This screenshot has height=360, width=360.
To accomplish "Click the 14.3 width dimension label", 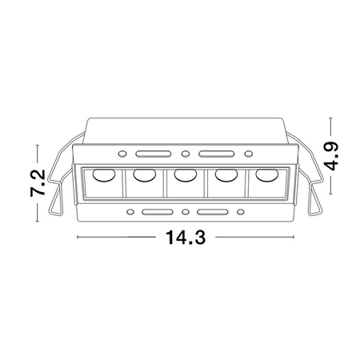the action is point(186,237).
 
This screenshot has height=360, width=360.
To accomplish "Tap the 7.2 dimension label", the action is point(38,183).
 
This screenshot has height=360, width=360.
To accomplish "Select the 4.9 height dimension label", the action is point(332,156).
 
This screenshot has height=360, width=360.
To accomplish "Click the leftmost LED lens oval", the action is point(104,175).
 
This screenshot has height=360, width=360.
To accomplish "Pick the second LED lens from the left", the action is point(145,175).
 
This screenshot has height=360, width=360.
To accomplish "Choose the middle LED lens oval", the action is point(186,175).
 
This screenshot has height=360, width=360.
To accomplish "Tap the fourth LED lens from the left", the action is point(226,175).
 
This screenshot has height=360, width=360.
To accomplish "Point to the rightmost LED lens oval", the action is point(267,174).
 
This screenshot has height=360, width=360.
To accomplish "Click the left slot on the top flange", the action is point(153,154).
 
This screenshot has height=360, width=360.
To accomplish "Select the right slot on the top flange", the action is point(216,154).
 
